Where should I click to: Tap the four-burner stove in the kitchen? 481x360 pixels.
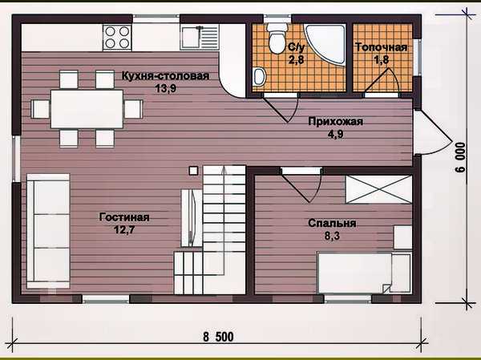[117, 37]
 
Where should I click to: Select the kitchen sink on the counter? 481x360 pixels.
[200, 37]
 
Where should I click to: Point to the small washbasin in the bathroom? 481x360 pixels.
[259, 77]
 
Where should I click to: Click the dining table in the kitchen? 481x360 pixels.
[87, 109]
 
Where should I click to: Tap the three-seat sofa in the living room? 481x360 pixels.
[48, 231]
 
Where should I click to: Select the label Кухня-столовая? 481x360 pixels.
[165, 76]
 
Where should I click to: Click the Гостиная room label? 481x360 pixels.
[124, 217]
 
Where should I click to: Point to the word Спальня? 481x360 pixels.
[332, 223]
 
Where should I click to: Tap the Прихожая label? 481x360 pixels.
[336, 122]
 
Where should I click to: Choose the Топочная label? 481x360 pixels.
[382, 47]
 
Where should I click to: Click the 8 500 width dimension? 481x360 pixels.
[218, 337]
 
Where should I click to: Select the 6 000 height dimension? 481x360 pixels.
[460, 157]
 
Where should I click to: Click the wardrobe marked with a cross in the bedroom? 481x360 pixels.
[379, 189]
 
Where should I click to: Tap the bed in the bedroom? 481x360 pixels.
[364, 273]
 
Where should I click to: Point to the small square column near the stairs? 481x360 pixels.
[193, 171]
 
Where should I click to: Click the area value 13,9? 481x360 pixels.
[165, 89]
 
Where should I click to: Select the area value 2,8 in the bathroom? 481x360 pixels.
[297, 59]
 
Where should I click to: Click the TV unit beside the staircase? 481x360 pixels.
[191, 218]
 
